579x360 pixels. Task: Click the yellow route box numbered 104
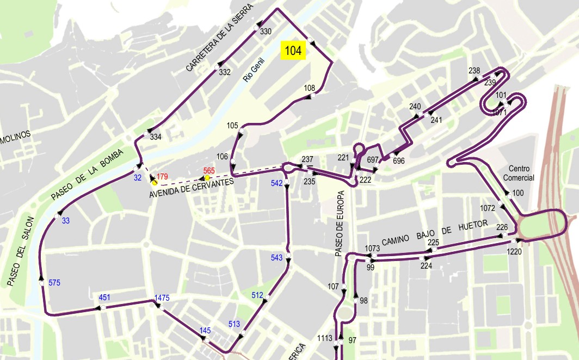(293, 51)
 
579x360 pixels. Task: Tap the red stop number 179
(162, 176)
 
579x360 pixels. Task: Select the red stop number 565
(210, 170)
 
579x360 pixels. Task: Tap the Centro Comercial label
(519, 173)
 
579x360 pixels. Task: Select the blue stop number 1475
(162, 297)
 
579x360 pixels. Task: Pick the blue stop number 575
(54, 283)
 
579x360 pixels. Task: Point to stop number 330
(266, 32)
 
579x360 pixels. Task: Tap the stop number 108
(310, 88)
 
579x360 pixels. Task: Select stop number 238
(474, 71)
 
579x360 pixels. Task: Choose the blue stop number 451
(104, 297)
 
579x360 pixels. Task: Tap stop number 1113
(325, 338)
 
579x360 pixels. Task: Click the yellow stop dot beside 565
(207, 178)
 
